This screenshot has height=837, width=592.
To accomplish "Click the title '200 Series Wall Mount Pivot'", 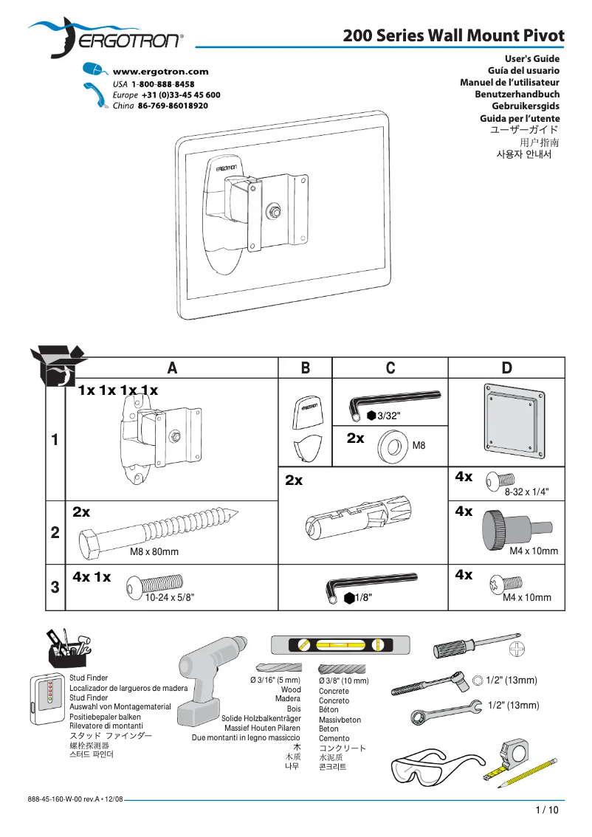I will click(453, 35).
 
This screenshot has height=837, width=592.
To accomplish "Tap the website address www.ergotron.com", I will click(160, 72).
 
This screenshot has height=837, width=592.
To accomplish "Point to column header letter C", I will click(390, 368).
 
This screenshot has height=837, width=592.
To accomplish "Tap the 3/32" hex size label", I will click(388, 416).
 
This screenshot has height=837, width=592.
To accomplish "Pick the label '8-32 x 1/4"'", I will click(526, 491).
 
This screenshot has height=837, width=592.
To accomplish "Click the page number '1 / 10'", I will click(547, 810).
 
